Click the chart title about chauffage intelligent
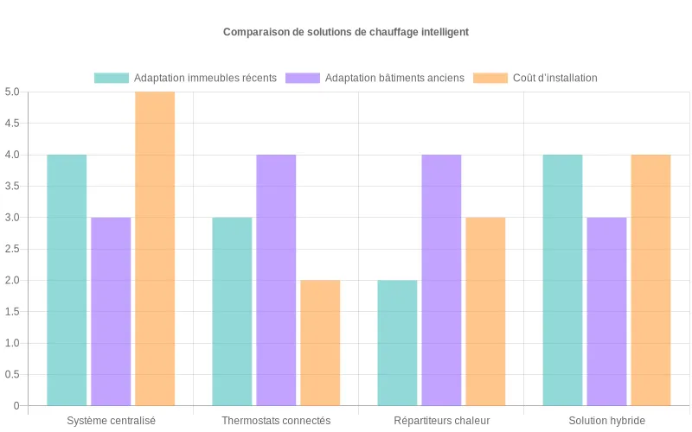tap(346, 32)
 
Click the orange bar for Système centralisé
tap(155, 249)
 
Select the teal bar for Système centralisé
tap(67, 280)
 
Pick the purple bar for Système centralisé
tap(111, 311)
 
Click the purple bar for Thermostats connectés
tap(276, 280)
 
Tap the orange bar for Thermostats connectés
tap(320, 342)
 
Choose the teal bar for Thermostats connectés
tap(232, 311)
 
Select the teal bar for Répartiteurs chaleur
tap(397, 342)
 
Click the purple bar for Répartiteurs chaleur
tap(441, 280)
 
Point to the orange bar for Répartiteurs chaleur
tap(485, 311)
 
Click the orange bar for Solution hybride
tap(650, 280)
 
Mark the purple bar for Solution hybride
tap(606, 311)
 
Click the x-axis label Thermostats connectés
tap(276, 421)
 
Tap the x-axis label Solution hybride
tap(606, 421)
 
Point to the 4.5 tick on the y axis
tap(12, 124)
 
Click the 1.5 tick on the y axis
tap(12, 312)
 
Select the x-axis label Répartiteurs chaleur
tap(441, 421)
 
